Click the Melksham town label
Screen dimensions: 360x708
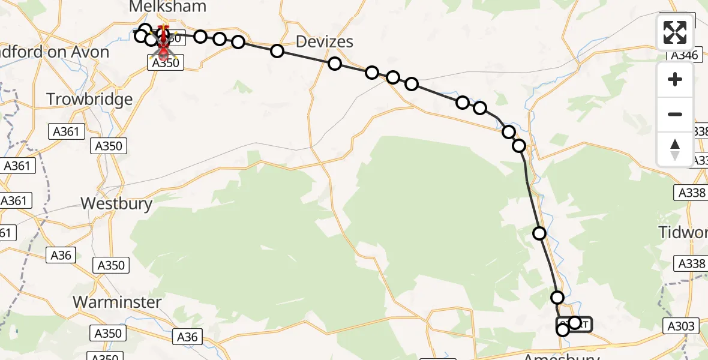point(168,7)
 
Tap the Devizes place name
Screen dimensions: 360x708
point(324,41)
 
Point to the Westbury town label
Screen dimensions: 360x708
point(116,203)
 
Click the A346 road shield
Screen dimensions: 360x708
point(683,55)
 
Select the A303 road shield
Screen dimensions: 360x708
point(682,326)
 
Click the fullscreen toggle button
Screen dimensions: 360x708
point(675,32)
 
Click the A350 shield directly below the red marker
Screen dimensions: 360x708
point(166,62)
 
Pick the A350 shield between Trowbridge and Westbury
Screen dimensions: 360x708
point(109,146)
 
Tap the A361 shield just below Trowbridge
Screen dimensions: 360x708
point(66,131)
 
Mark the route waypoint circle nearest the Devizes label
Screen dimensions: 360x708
point(335,64)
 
